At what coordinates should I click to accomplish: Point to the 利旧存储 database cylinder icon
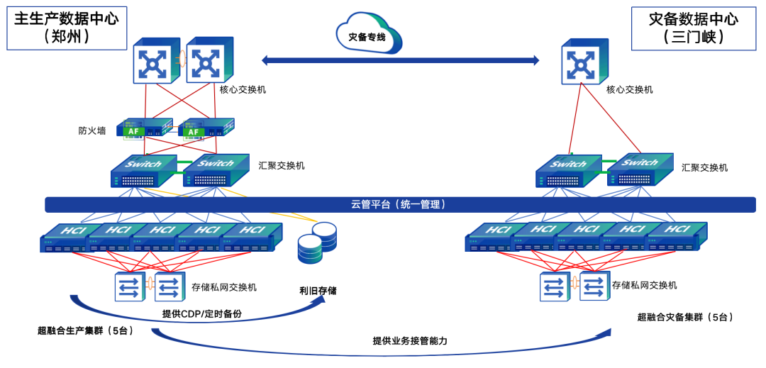[x=317, y=242]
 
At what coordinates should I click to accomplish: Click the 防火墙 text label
[x=92, y=130]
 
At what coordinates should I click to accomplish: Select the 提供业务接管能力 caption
[x=410, y=340]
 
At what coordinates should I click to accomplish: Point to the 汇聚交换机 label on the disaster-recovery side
[x=704, y=168]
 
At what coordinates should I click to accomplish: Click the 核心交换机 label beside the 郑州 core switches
[x=243, y=89]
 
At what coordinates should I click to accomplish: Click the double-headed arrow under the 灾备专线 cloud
[x=401, y=60]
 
